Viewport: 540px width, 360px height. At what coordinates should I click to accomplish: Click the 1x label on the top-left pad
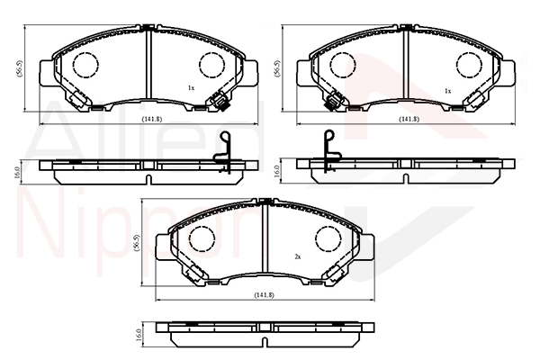[x=191, y=88]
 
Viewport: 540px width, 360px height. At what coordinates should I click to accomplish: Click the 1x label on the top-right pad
[x=447, y=91]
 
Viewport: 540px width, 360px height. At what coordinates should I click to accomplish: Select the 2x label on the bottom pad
[x=298, y=256]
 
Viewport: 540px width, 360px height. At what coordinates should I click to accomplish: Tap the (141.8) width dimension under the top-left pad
[x=152, y=119]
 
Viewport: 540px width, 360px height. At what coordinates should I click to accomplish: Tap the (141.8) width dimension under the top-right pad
[x=409, y=119]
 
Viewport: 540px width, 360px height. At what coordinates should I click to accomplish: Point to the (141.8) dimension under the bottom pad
[x=264, y=295]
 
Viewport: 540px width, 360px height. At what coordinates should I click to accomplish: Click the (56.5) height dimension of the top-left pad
[x=20, y=68]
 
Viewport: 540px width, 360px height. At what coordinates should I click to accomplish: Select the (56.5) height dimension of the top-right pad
[x=277, y=68]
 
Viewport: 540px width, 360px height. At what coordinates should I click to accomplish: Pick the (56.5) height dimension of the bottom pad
[x=137, y=243]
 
